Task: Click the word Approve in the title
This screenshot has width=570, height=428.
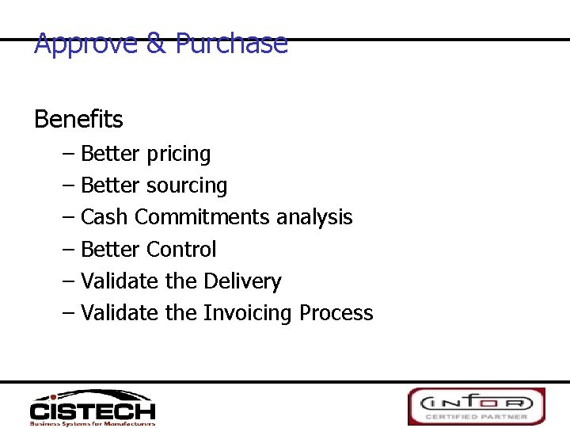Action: point(86,44)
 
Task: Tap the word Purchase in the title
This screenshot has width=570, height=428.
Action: point(231,44)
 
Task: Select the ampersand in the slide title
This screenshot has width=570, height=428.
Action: point(156,44)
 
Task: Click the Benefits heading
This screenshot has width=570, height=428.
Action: point(78,120)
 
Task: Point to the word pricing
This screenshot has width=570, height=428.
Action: point(178,154)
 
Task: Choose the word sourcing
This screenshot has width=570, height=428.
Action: point(187,185)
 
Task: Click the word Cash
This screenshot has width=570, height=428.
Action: point(105,217)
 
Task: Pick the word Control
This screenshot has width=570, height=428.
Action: point(181,250)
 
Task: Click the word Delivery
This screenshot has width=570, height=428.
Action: point(241,281)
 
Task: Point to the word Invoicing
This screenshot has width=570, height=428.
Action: point(248,313)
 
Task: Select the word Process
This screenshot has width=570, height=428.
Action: point(336,313)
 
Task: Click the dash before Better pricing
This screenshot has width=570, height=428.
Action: point(68,154)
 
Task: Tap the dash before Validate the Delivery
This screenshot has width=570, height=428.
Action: point(68,281)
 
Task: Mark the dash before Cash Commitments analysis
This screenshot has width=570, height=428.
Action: point(68,217)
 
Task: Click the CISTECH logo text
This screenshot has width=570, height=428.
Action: point(93,411)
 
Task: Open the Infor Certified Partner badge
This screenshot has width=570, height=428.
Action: point(476,406)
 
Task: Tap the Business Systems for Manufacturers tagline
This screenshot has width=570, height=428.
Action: point(93,423)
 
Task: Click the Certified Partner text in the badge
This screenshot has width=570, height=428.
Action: point(476,417)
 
